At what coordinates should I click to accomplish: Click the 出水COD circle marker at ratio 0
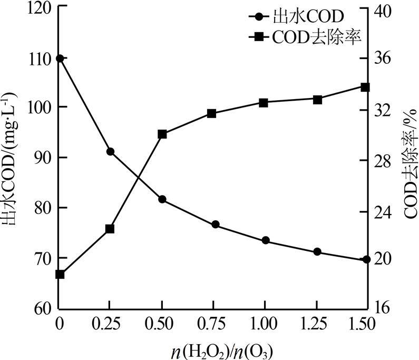coord(60,59)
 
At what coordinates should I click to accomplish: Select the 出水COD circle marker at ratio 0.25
coord(111,152)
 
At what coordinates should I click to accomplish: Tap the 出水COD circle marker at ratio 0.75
coord(215,225)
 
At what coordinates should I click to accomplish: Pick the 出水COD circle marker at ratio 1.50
coord(366,260)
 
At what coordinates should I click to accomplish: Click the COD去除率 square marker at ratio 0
coord(60,274)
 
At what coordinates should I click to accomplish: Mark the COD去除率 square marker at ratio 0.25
coord(110,229)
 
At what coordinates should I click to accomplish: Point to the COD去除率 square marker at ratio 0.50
coord(162,134)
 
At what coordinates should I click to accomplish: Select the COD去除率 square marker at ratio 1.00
coord(264,103)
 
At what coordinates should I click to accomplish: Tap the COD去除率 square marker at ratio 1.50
coord(366,87)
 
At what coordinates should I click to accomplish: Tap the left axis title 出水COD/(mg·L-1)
coord(12,158)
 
